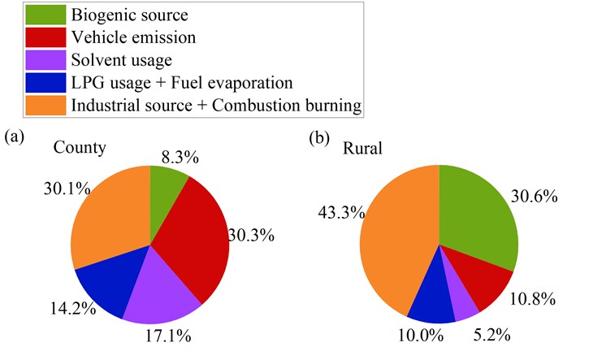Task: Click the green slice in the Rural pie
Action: pos(479,211)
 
